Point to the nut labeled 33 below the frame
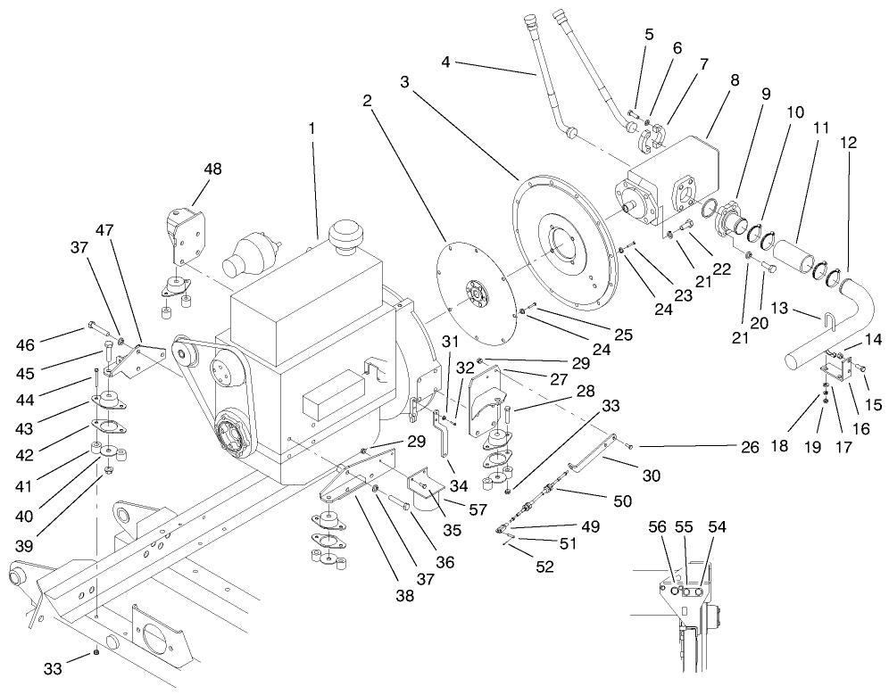(96, 654)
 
